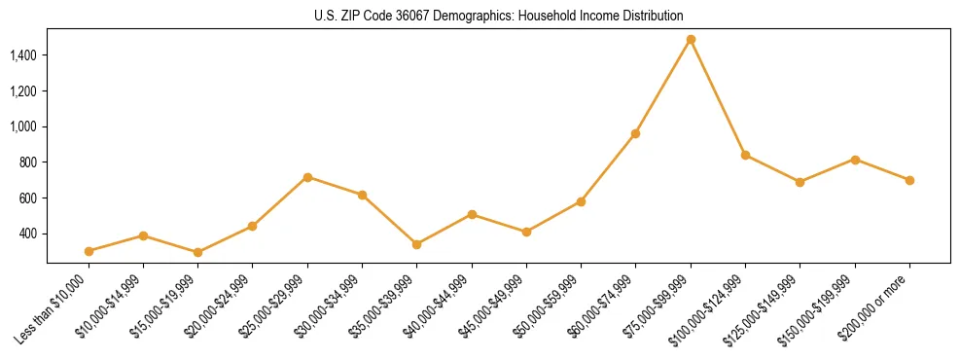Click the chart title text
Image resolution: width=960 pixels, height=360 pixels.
pyautogui.click(x=498, y=16)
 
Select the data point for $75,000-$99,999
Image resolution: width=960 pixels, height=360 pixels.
pyautogui.click(x=691, y=40)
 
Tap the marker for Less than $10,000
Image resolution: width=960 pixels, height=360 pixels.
pyautogui.click(x=89, y=251)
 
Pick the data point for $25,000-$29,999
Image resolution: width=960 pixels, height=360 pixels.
pyautogui.click(x=307, y=177)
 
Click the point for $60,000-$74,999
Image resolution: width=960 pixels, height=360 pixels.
pyautogui.click(x=635, y=133)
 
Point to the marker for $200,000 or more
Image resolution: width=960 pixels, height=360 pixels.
pyautogui.click(x=909, y=180)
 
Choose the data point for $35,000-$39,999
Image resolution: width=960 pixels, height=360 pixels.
pyautogui.click(x=416, y=244)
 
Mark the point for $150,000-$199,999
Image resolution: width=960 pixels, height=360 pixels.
pyautogui.click(x=855, y=160)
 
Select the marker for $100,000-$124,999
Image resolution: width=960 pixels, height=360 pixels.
pyautogui.click(x=745, y=155)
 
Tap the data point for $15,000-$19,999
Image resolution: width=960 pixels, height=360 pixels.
pyautogui.click(x=197, y=252)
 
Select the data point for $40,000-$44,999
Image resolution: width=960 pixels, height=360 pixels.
pyautogui.click(x=472, y=214)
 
